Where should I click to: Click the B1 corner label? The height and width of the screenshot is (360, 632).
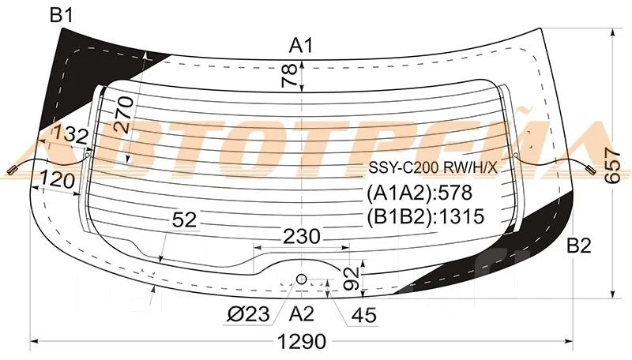[62, 16]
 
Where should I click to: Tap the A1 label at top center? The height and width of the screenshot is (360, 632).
[301, 46]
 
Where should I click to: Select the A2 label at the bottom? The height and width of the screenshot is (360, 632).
[301, 313]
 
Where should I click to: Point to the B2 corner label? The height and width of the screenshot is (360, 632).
[579, 246]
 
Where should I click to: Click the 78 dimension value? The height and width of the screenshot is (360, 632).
[290, 75]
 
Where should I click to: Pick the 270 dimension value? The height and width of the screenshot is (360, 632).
[124, 114]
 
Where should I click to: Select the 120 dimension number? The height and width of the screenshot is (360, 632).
[58, 181]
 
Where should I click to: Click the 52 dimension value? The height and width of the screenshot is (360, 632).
[184, 219]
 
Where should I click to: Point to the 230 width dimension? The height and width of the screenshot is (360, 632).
[302, 236]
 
